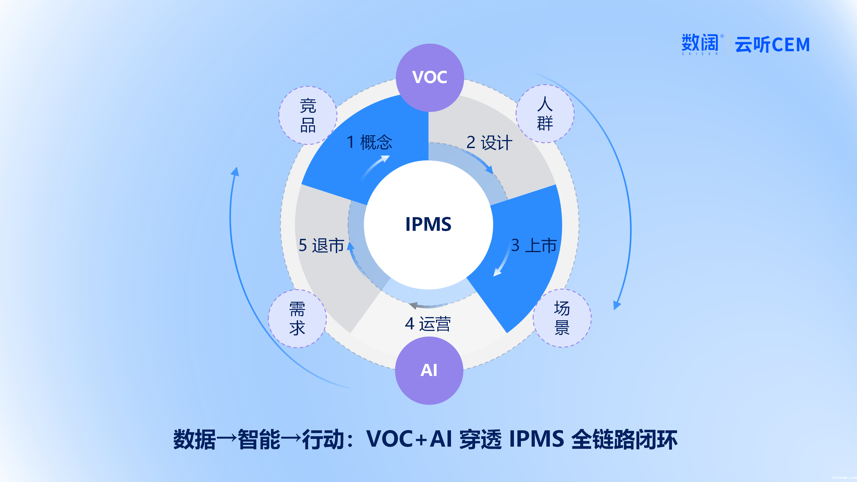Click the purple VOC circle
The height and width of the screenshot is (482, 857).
[430, 77]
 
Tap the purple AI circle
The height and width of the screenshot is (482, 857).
[429, 370]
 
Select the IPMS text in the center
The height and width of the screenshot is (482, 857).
[428, 224]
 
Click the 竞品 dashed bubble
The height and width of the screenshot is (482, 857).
[308, 115]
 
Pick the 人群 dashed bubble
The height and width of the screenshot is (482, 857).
[545, 114]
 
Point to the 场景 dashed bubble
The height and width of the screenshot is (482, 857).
[562, 318]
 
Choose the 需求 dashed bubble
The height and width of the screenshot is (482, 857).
[297, 318]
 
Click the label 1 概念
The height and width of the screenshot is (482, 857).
[369, 142]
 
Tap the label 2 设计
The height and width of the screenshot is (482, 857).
[489, 143]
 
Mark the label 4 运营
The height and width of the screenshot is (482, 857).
[428, 324]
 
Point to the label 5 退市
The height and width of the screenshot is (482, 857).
[321, 246]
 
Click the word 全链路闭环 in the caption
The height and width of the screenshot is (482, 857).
[624, 439]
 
